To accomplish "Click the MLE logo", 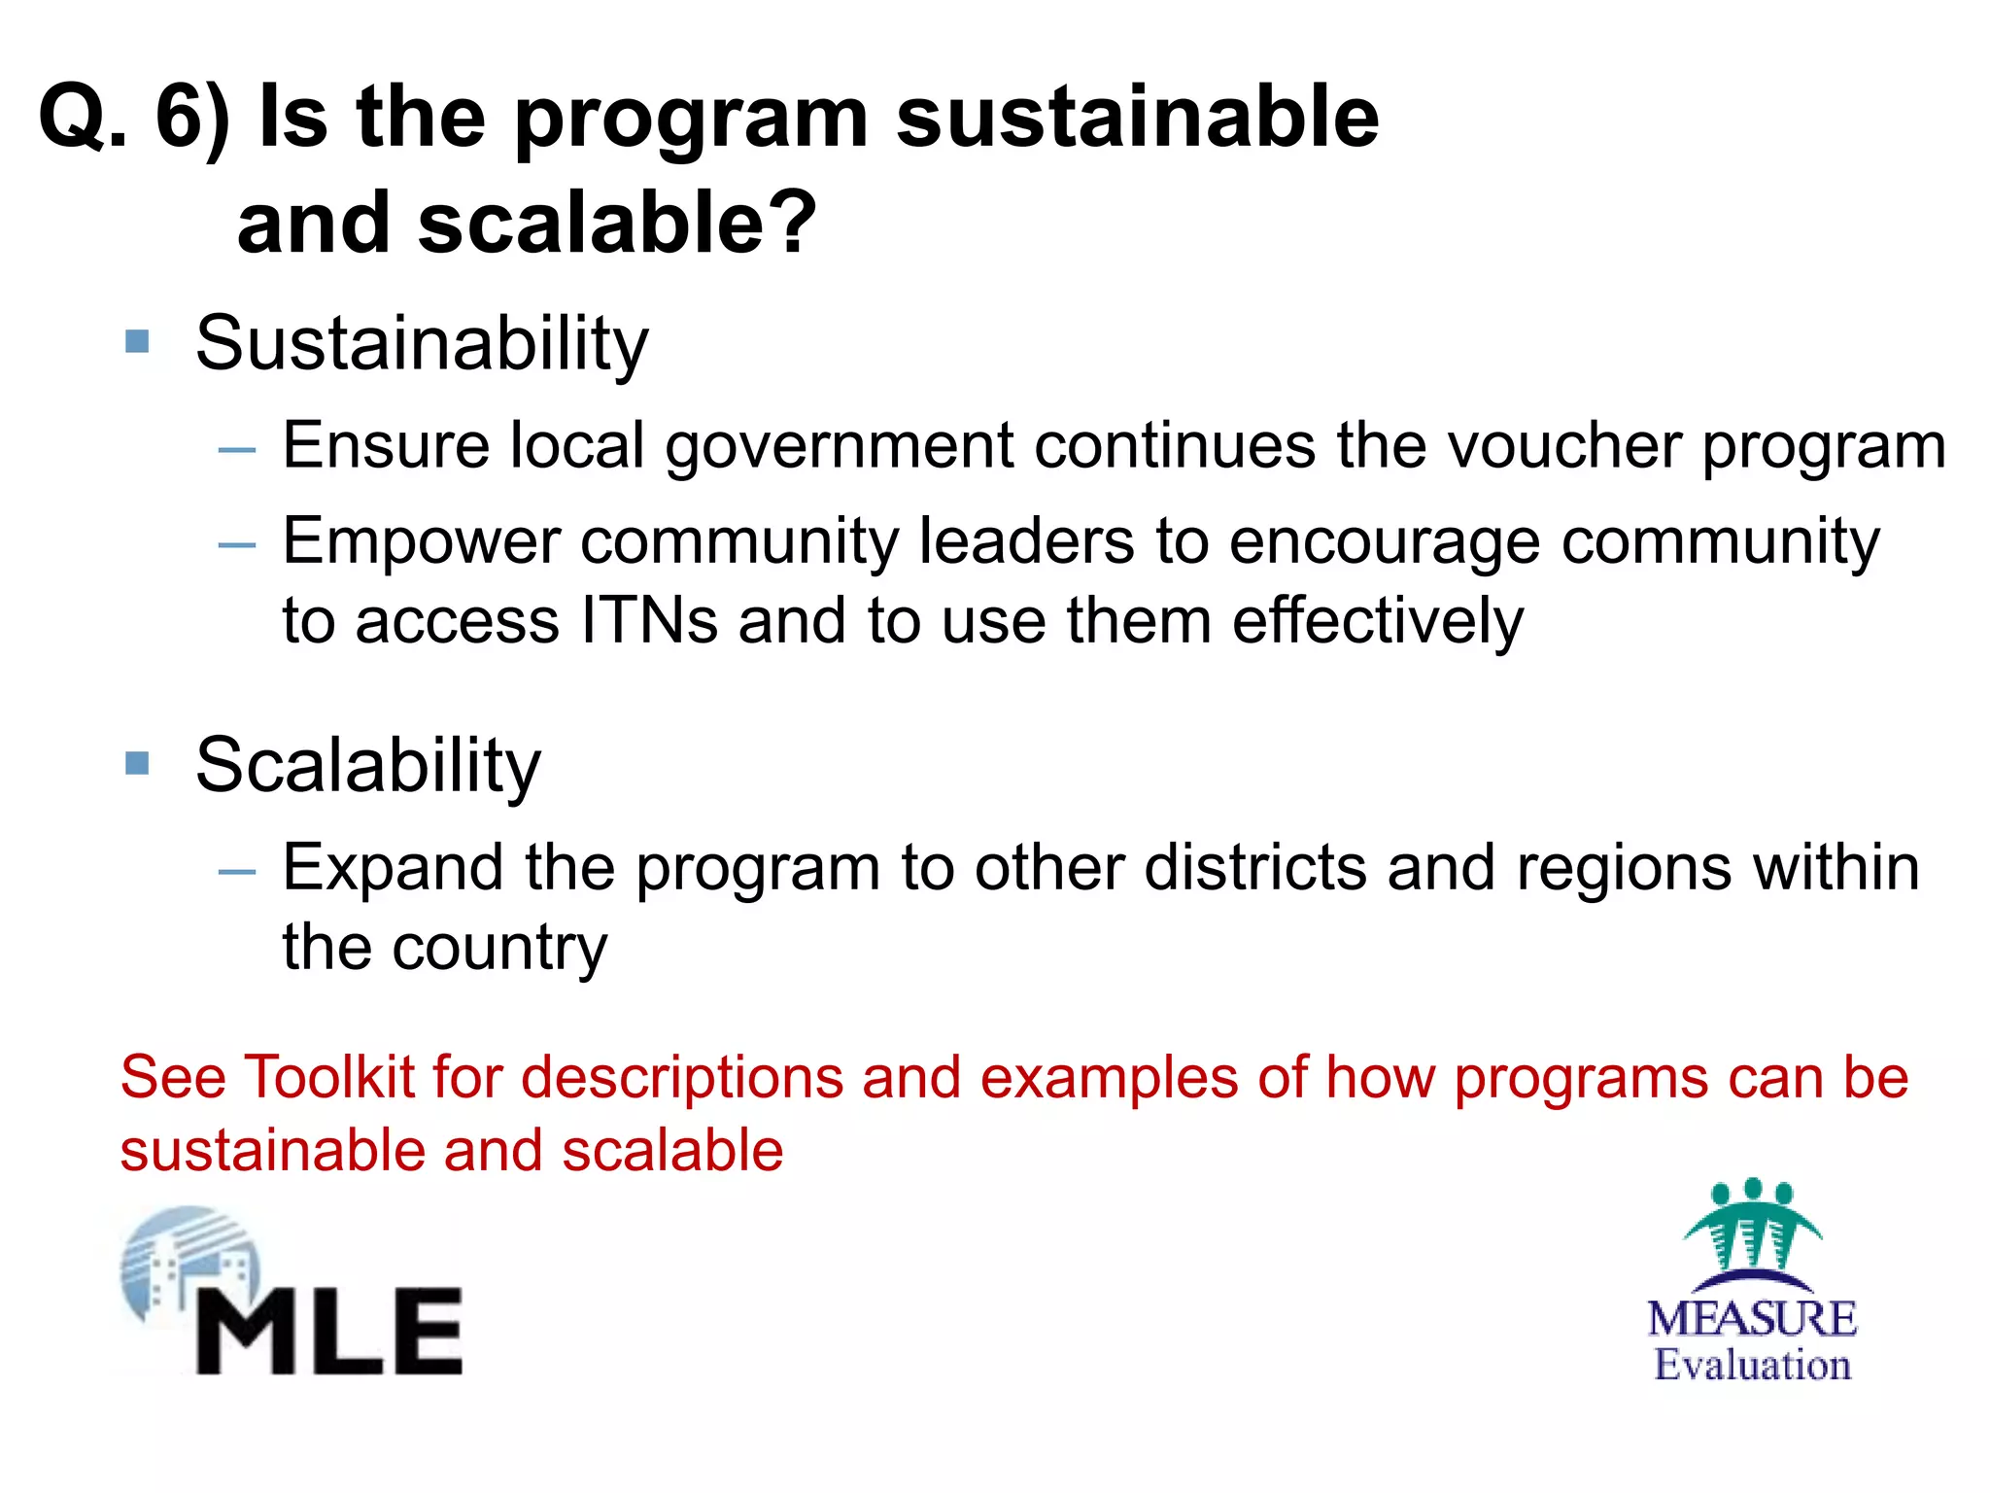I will coord(292,1293).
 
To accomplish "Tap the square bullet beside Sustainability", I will coord(138,342).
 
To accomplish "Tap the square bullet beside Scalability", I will coord(138,763).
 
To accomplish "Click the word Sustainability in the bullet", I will coord(422,344).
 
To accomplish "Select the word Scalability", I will coord(367,766).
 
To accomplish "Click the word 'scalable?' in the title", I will coord(617,224).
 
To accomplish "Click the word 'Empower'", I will coord(421,541).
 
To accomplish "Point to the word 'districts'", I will coord(1255,867).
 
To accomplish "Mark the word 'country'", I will coord(499,949).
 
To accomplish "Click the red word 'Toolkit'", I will coord(330,1078).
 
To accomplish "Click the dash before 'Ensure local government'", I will coord(237,450).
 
